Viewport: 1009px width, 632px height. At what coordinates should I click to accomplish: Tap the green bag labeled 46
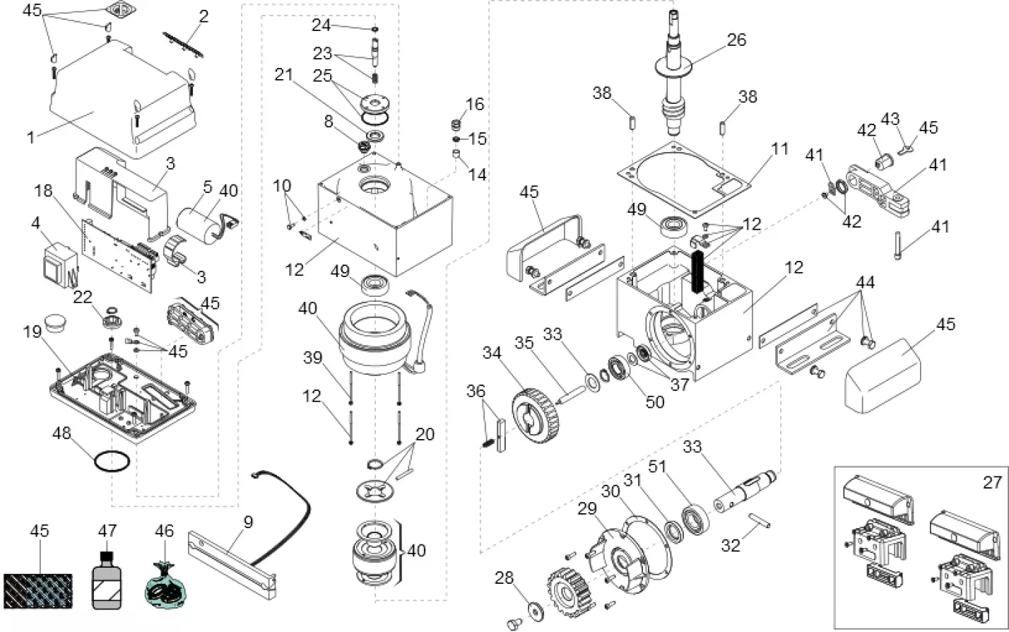[164, 584]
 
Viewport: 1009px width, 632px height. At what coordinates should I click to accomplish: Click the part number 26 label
[736, 40]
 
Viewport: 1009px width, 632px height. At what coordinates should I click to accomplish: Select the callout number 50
[656, 402]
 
